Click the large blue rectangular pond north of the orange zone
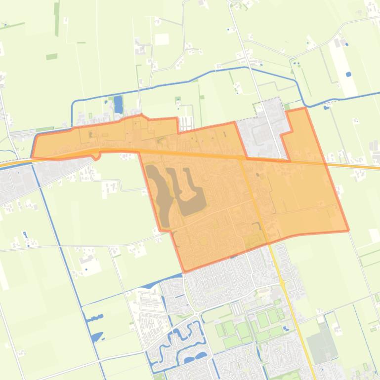118,104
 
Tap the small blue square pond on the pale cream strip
349,75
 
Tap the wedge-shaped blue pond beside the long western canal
97,337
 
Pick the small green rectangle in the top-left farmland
51,57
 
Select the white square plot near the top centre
162,39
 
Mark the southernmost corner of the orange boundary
184,271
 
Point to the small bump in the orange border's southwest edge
98,156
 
